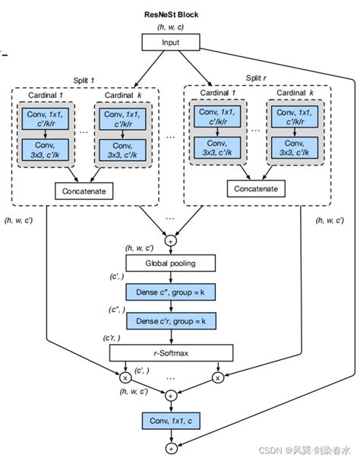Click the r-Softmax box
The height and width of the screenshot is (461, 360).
click(x=170, y=352)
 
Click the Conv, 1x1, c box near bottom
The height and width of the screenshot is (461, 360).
click(x=170, y=420)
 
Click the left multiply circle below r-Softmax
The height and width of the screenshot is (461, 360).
click(x=125, y=377)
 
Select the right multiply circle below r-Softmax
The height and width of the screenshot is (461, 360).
click(x=218, y=377)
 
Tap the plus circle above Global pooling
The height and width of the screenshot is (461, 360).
click(x=170, y=238)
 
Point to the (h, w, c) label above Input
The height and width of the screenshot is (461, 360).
click(x=170, y=28)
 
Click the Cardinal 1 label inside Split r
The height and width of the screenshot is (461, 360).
click(x=216, y=93)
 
